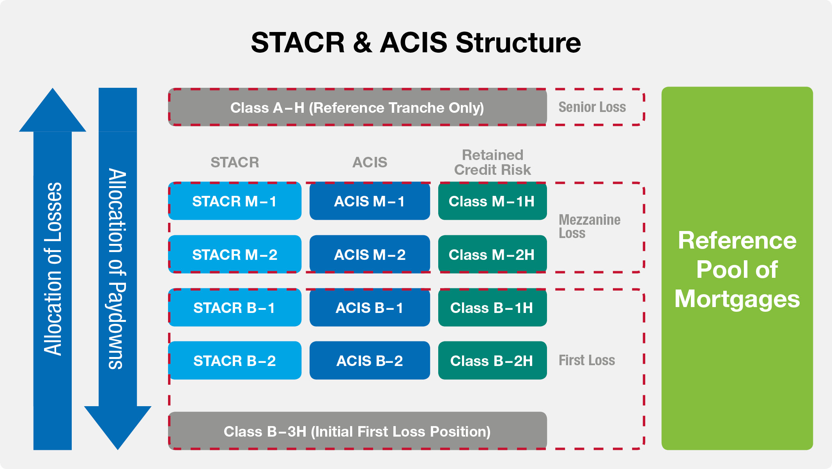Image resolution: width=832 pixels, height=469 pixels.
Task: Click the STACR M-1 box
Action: tap(235, 201)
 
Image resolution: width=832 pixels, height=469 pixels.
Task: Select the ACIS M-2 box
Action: tap(370, 254)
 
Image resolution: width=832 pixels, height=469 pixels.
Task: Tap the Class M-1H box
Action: tap(492, 201)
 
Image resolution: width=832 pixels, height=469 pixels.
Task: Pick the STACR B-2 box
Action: tap(235, 361)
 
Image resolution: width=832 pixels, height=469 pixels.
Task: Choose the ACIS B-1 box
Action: tap(370, 307)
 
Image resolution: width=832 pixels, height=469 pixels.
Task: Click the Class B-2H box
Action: tap(492, 361)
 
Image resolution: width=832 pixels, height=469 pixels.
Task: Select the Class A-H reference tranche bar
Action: tap(357, 107)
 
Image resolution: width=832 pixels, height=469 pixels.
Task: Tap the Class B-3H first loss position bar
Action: tap(357, 431)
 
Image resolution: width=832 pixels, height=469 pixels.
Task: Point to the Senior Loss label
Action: tap(592, 107)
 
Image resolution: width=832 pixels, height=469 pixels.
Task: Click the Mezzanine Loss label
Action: tap(589, 226)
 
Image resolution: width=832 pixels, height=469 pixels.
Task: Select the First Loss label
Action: tap(586, 360)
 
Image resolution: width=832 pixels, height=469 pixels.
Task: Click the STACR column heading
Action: tap(235, 162)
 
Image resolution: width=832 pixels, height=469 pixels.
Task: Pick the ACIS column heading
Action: tap(370, 162)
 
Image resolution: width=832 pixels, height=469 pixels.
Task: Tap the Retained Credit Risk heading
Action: tap(492, 162)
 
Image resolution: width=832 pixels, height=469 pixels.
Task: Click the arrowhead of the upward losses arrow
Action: tap(53, 113)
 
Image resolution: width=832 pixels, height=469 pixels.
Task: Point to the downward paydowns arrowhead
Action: tap(118, 425)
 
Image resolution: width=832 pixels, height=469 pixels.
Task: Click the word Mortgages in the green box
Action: tap(737, 299)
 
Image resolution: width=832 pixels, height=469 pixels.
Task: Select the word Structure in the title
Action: tap(518, 43)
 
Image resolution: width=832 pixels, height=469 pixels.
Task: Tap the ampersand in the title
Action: tap(362, 43)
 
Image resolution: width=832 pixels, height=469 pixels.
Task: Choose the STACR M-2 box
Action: tap(235, 254)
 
